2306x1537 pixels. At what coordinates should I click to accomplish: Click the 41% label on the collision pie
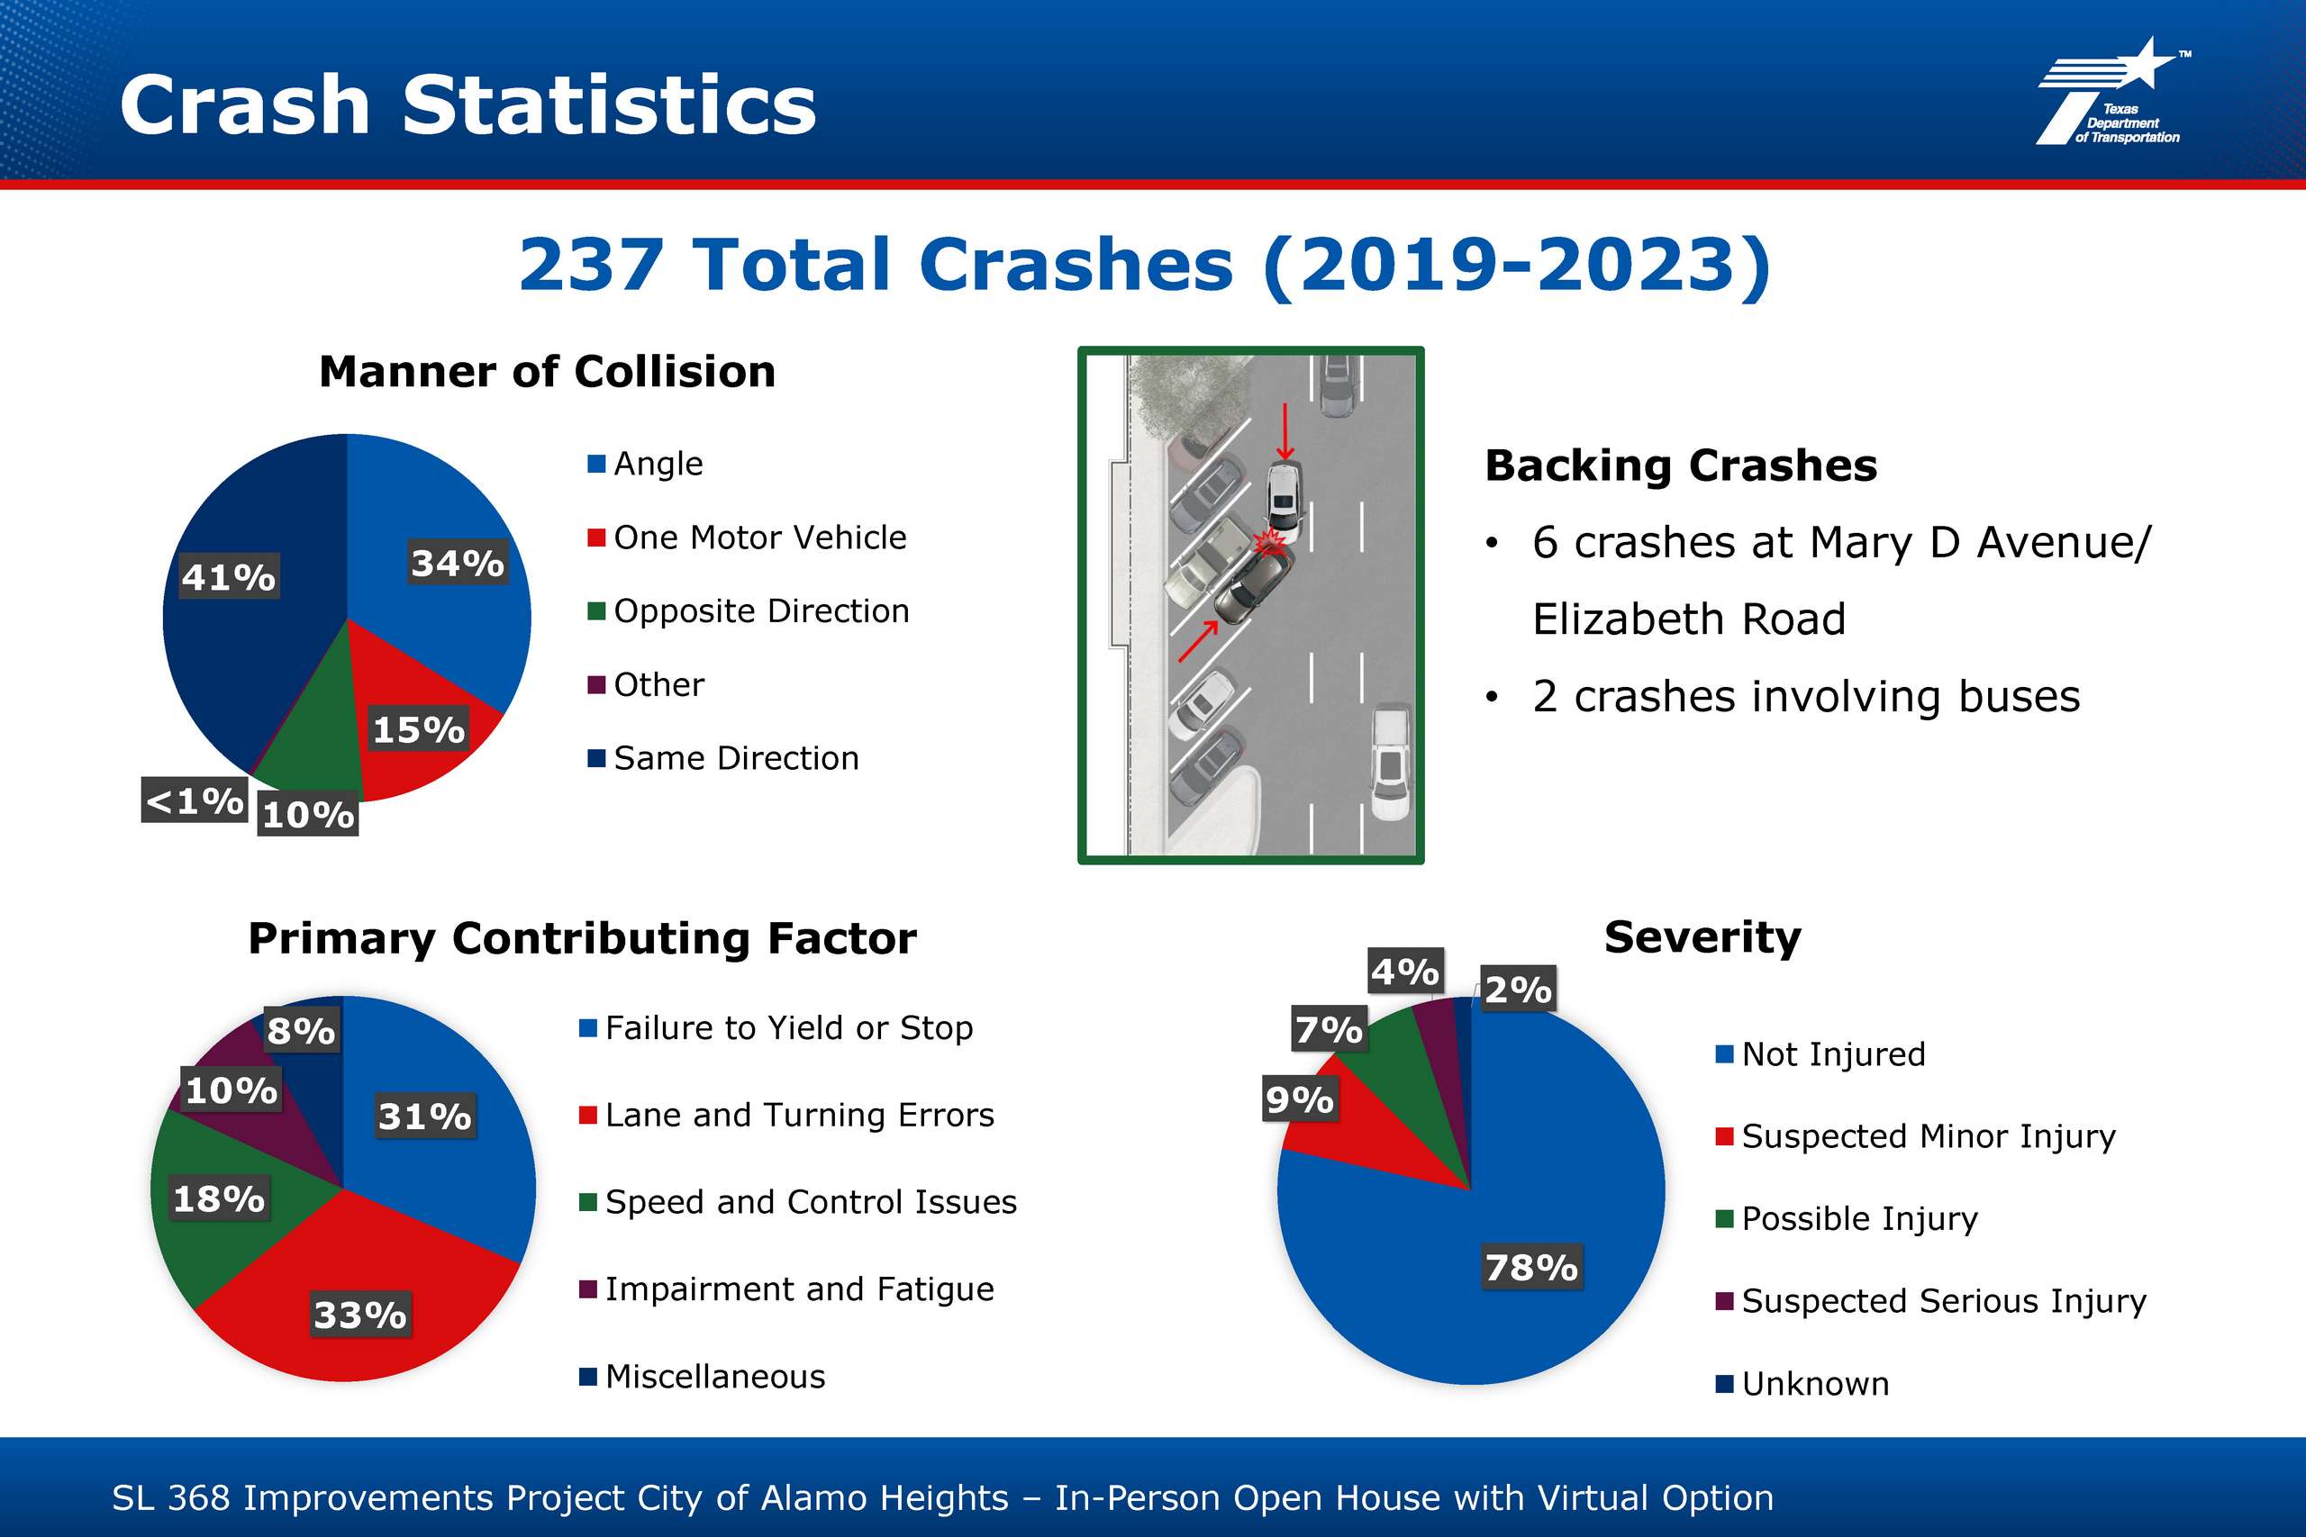tap(229, 576)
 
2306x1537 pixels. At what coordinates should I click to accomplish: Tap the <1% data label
tap(195, 800)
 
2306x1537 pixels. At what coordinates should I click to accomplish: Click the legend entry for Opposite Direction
tap(748, 610)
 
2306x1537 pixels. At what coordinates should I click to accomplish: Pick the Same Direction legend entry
tap(722, 758)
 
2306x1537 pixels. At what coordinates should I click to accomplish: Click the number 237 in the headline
tap(590, 265)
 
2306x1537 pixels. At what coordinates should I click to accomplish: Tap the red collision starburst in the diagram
tap(1271, 541)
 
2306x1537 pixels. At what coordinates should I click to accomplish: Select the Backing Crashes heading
tap(1681, 465)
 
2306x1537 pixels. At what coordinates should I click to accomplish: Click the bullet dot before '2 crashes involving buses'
tap(1492, 697)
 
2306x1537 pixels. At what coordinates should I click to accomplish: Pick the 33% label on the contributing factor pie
tap(359, 1315)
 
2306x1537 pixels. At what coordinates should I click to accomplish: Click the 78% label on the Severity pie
tap(1530, 1267)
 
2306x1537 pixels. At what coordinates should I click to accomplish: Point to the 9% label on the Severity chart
tap(1299, 1099)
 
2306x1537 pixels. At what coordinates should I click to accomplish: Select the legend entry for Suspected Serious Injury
tap(1930, 1301)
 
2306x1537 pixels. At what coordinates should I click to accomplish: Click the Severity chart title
tap(1702, 937)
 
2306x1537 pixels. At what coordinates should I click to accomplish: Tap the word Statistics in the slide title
tap(609, 104)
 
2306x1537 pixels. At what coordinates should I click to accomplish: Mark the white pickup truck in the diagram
tap(1390, 762)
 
